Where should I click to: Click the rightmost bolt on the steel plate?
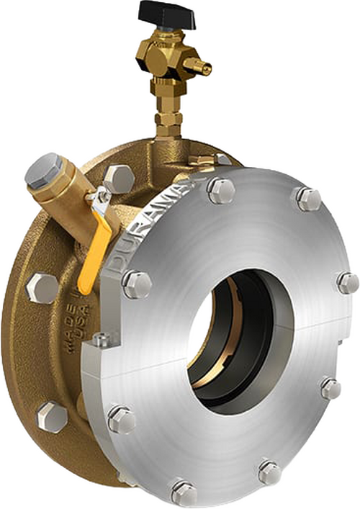(x=347, y=282)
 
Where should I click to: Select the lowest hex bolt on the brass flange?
(x=52, y=415)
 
